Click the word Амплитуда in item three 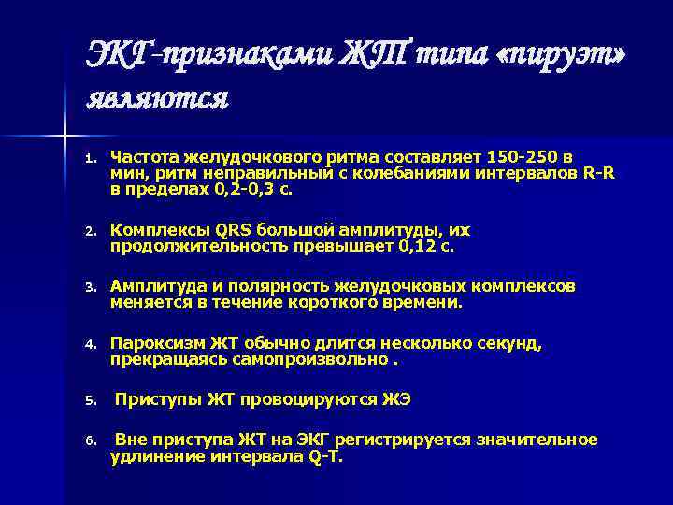(157, 286)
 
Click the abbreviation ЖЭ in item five (395, 400)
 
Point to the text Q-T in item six (324, 457)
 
